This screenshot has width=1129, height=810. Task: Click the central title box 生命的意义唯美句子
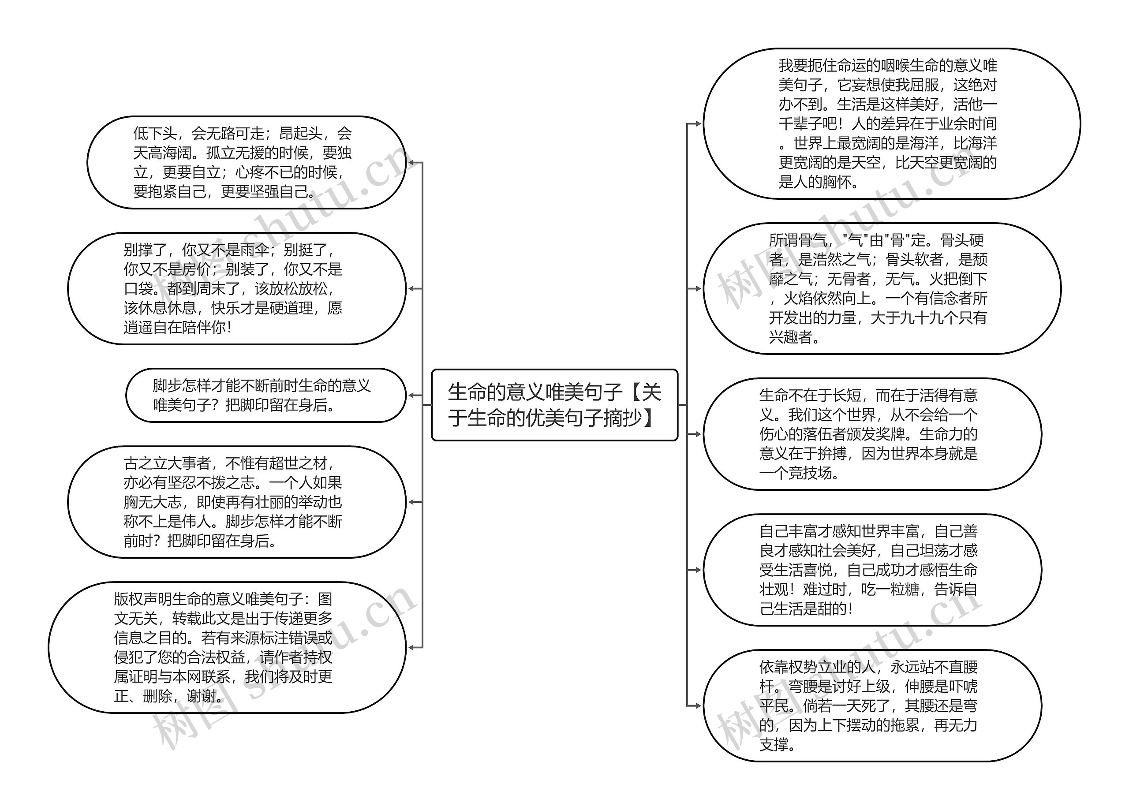pyautogui.click(x=554, y=405)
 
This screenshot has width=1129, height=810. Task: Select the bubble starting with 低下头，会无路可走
pyautogui.click(x=247, y=162)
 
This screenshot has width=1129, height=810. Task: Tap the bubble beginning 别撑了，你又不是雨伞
pyautogui.click(x=236, y=288)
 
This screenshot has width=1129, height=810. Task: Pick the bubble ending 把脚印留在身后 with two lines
pyautogui.click(x=265, y=395)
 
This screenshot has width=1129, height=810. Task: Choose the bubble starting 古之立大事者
pyautogui.click(x=236, y=502)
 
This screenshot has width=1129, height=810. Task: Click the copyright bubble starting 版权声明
pyautogui.click(x=227, y=647)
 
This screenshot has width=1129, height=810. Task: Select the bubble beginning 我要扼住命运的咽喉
pyautogui.click(x=891, y=123)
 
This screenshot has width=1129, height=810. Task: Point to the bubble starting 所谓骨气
pyautogui.click(x=881, y=288)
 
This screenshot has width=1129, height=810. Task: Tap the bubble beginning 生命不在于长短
pyautogui.click(x=871, y=433)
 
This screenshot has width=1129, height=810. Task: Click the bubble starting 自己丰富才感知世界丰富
pyautogui.click(x=871, y=570)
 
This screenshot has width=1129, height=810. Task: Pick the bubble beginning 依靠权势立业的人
pyautogui.click(x=871, y=705)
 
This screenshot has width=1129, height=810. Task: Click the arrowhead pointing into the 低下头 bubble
pyautogui.click(x=411, y=162)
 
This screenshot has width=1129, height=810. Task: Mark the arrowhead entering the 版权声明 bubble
pyautogui.click(x=411, y=647)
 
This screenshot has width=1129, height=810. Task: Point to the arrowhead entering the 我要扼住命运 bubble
pyautogui.click(x=698, y=123)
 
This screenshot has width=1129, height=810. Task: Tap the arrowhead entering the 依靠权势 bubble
pyautogui.click(x=698, y=705)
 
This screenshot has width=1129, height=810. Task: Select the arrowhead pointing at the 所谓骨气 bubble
pyautogui.click(x=698, y=288)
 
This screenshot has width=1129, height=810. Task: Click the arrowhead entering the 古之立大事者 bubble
pyautogui.click(x=411, y=502)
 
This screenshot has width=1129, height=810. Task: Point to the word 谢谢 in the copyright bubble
pyautogui.click(x=202, y=696)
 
